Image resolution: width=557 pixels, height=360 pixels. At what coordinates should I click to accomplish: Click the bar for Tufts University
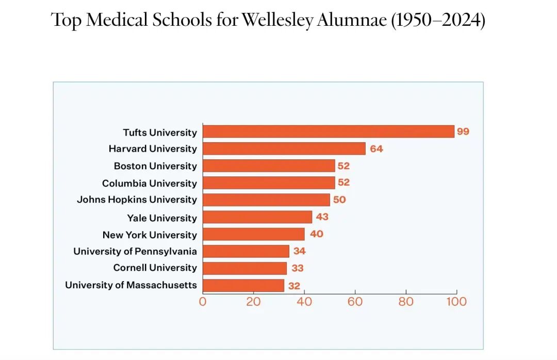point(328,132)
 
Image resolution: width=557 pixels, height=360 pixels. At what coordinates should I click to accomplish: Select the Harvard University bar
point(284,149)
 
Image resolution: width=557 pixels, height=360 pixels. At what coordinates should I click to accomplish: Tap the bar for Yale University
point(257,217)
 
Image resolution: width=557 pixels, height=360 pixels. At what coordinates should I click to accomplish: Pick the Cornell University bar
point(244,268)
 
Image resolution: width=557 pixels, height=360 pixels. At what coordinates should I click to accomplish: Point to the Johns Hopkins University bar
point(266,200)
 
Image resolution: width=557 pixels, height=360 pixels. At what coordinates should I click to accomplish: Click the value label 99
point(463,132)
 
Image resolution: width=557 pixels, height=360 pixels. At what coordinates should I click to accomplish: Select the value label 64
point(376,149)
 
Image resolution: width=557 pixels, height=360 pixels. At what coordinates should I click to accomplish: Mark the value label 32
point(293,286)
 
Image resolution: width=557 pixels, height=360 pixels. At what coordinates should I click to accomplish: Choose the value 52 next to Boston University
point(343,166)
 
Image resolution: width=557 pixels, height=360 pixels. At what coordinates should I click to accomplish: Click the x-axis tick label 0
point(203,302)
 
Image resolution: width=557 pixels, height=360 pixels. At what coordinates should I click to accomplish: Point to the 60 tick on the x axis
point(355,302)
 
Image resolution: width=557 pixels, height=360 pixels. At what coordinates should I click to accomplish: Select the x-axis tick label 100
point(456,302)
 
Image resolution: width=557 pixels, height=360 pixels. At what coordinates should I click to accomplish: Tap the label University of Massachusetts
point(131,285)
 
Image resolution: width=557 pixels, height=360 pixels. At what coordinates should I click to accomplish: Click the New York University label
point(150,235)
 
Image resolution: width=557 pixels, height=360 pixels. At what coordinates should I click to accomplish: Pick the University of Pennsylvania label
point(135,251)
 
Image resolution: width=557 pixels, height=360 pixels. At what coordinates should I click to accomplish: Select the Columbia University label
point(150,183)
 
